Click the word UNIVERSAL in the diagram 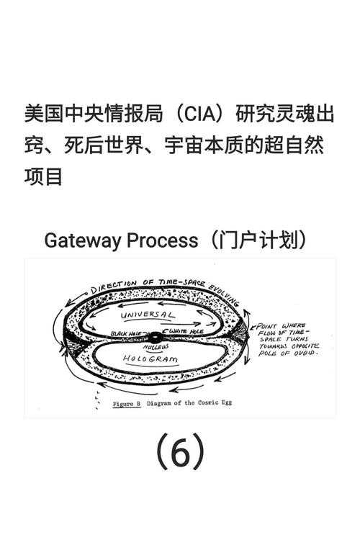point(148,316)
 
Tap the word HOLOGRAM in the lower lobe point(150,358)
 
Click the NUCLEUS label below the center point(155,347)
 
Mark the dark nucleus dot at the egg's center point(154,337)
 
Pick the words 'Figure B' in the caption point(127,404)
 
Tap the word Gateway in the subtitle point(82,240)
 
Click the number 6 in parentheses point(180,452)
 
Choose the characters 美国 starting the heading point(43,114)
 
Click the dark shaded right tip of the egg point(242,336)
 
